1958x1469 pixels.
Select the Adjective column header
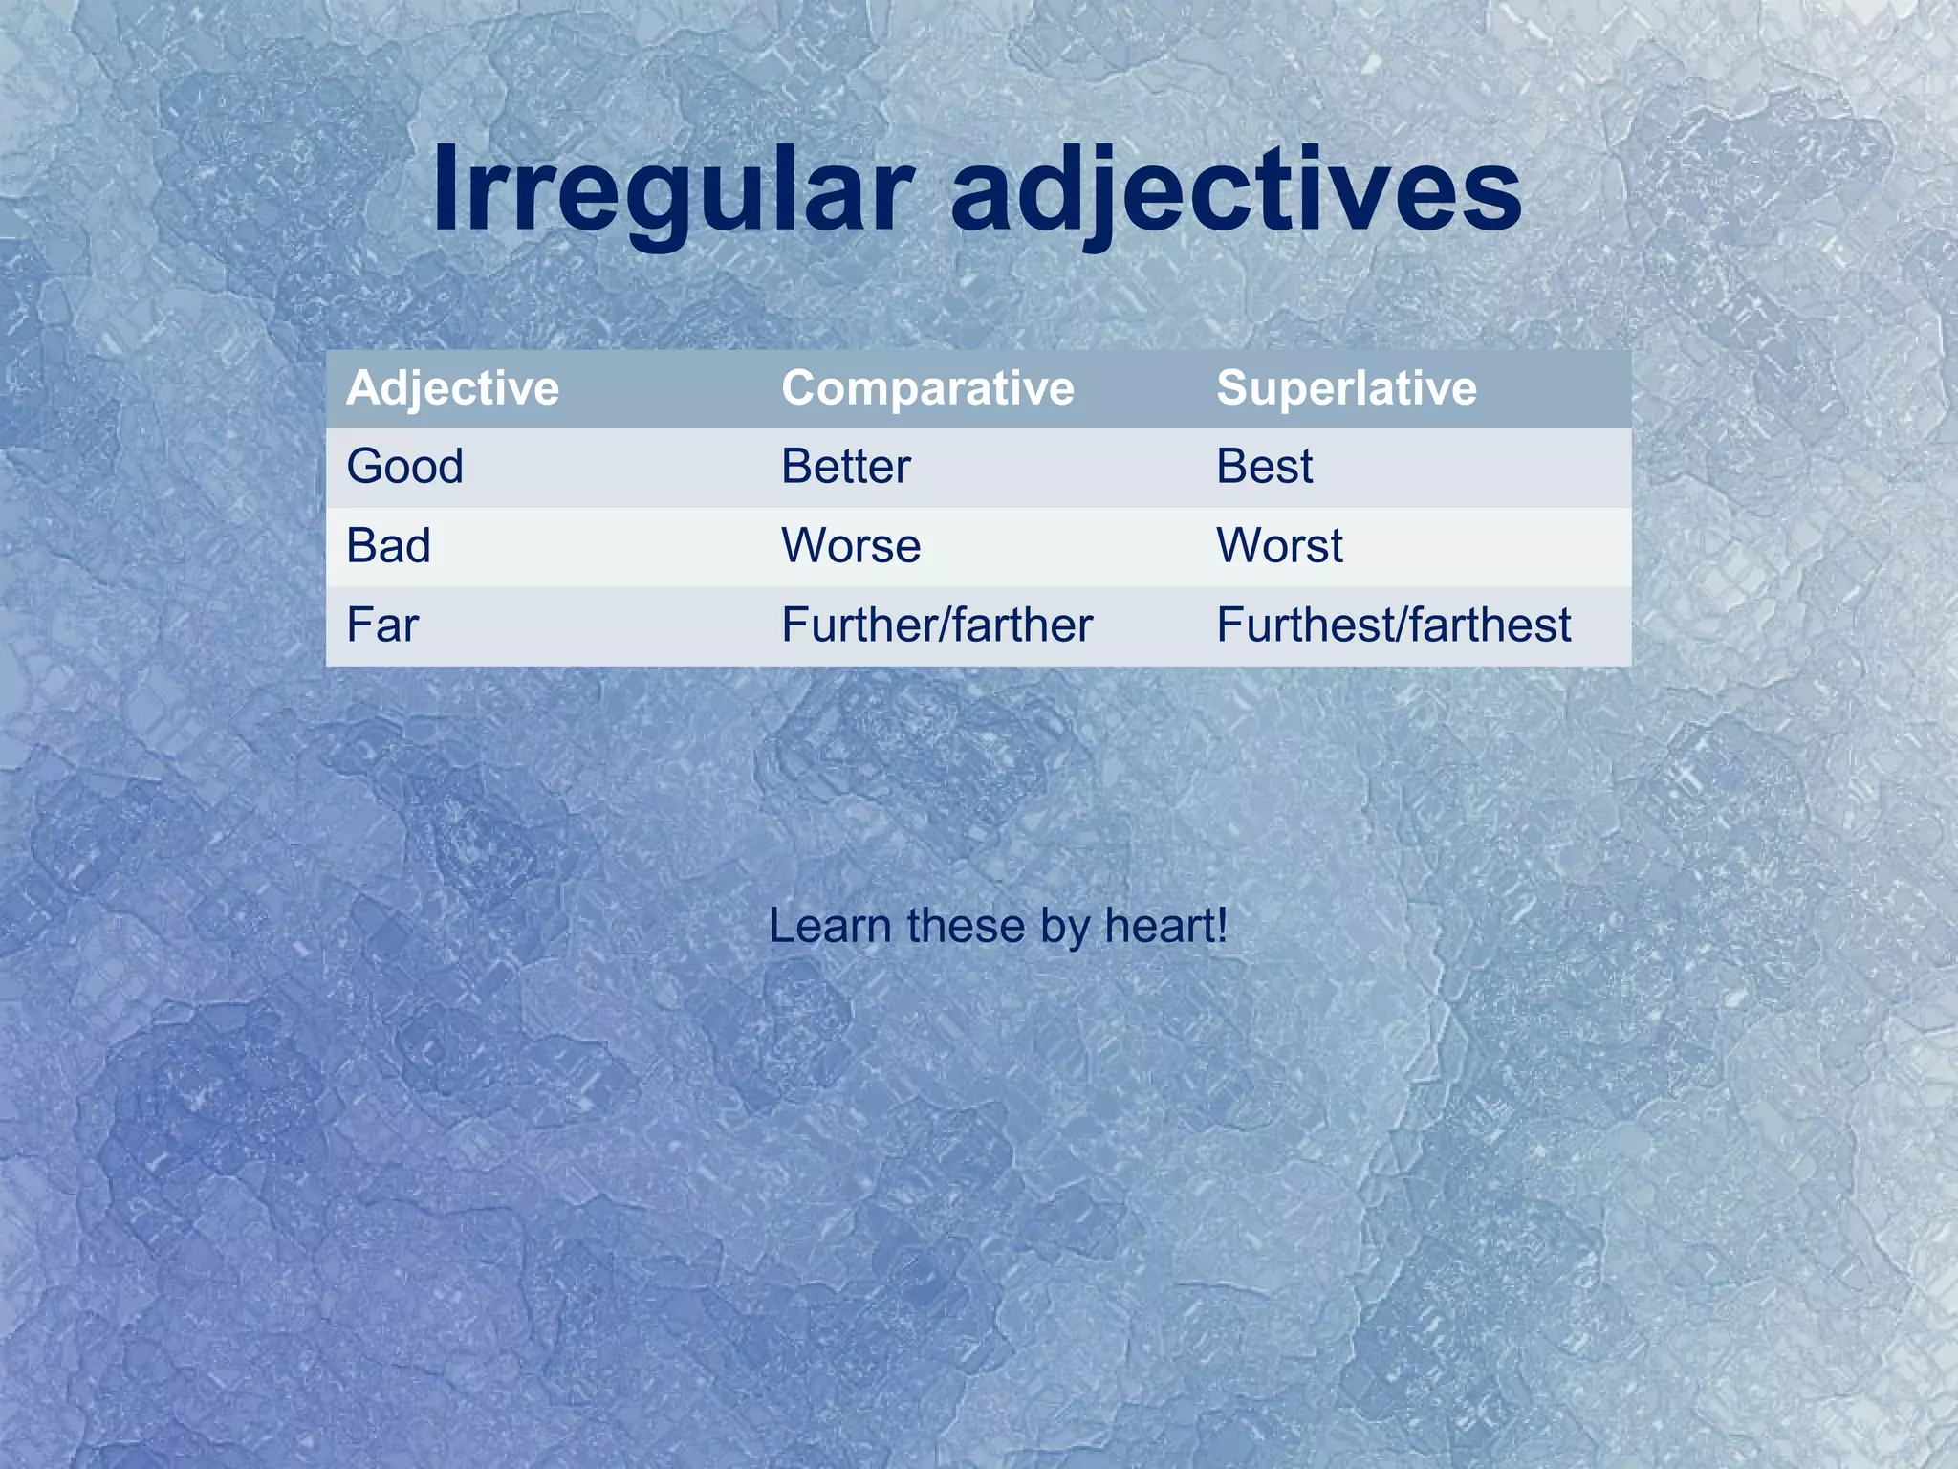(452, 388)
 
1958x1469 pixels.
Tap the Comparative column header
(927, 388)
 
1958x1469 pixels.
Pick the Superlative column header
(1346, 388)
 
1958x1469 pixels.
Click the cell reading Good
(404, 467)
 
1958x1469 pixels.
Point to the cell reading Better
(845, 467)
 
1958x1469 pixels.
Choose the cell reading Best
(1264, 467)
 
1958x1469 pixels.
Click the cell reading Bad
(388, 546)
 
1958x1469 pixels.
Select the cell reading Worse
(851, 546)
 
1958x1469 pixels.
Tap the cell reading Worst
(1279, 546)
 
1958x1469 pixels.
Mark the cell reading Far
(382, 625)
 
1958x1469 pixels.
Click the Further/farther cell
(937, 625)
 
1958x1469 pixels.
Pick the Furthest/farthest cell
(1393, 625)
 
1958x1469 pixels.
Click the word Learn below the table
(830, 926)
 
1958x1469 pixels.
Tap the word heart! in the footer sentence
(1165, 926)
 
